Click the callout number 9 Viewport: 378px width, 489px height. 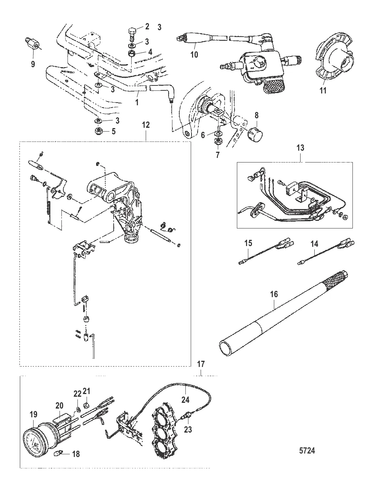[33, 64]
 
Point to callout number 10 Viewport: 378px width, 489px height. [194, 55]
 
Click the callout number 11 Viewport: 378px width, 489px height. [323, 90]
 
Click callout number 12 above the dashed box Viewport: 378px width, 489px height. [146, 125]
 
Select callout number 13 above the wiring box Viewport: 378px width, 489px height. [300, 148]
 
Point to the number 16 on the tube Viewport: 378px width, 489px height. [274, 294]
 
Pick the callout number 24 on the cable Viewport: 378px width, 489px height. [185, 400]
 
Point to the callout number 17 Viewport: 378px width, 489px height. [201, 364]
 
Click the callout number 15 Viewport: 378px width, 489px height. [248, 243]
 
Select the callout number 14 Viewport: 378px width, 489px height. [314, 244]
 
